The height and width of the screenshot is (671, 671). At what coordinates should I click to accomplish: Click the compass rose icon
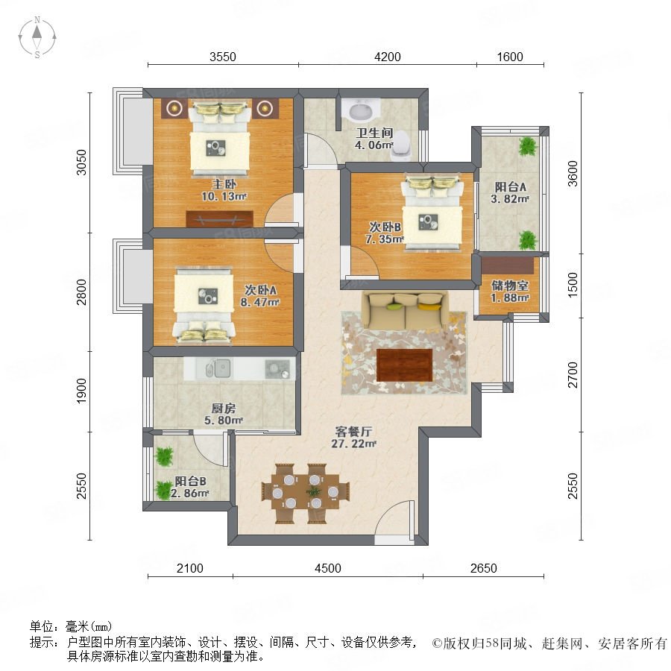tap(37, 37)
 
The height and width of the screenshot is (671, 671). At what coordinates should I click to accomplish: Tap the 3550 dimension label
tap(222, 57)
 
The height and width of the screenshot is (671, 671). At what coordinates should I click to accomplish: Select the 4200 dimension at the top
tap(387, 57)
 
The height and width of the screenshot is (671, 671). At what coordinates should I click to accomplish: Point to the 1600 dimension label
tap(510, 57)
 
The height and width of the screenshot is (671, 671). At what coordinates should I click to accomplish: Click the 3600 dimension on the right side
tap(573, 173)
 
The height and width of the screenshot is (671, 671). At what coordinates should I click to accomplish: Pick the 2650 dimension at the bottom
tap(484, 568)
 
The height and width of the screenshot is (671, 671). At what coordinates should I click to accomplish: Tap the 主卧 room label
tap(224, 184)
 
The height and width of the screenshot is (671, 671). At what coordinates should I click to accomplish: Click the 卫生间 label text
tap(374, 133)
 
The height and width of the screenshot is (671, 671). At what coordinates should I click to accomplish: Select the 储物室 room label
tap(510, 286)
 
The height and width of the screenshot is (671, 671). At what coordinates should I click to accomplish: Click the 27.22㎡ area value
tap(353, 444)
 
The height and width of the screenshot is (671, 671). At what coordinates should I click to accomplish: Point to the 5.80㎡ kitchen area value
tap(224, 420)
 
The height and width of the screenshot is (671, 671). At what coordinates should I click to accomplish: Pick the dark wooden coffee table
tap(404, 365)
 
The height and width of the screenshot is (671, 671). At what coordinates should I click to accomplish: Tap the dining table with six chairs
tap(305, 493)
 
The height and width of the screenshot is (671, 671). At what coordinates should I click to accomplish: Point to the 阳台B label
tap(190, 482)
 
